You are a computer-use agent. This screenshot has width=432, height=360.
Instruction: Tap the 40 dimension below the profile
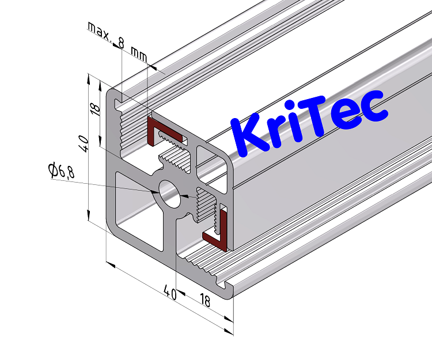point(169,292)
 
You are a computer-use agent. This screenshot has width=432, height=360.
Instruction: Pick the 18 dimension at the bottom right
point(204,300)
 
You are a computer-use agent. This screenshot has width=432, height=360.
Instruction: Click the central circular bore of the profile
point(169,193)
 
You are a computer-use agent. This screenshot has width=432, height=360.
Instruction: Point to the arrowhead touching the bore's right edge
point(184,196)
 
